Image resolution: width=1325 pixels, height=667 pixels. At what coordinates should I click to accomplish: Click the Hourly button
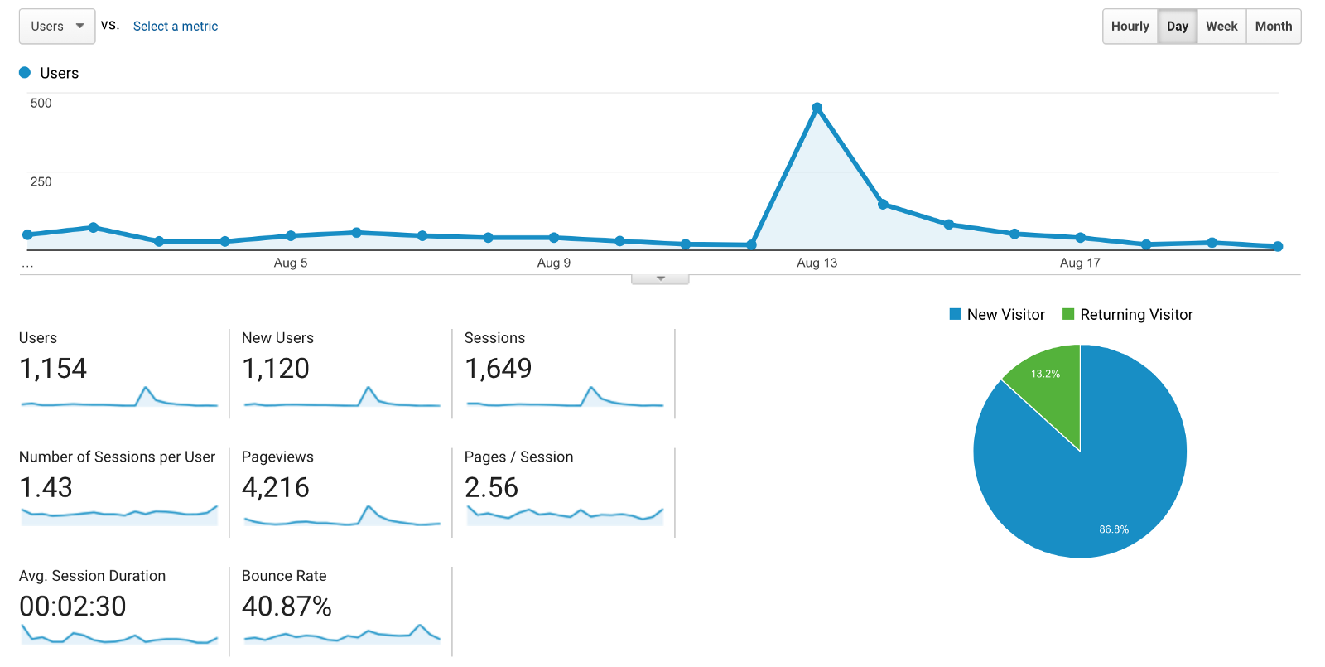point(1130,27)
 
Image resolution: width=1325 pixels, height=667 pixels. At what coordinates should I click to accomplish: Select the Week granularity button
point(1221,27)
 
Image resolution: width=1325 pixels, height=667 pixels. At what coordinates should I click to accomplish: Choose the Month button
point(1273,27)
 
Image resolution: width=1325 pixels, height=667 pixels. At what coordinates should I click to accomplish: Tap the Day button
point(1177,27)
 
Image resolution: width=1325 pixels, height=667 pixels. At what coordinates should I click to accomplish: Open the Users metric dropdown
point(57,27)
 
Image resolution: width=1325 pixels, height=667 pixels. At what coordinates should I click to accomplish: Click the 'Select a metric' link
point(176,27)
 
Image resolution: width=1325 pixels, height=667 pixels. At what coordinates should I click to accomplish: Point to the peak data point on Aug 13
point(817,108)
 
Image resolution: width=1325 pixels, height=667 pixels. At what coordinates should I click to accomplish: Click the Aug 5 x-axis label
point(291,263)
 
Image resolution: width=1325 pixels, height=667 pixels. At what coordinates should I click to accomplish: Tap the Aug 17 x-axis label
point(1080,263)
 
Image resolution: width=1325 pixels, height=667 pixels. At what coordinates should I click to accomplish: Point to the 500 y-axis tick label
point(41,104)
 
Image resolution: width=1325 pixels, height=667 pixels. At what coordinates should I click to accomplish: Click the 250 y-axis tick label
point(41,182)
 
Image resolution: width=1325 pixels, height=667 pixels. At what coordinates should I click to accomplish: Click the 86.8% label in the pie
point(1114,529)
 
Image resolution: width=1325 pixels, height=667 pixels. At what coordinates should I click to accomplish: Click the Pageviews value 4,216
point(276,487)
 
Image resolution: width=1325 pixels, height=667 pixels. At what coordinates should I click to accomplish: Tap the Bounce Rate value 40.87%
point(287,607)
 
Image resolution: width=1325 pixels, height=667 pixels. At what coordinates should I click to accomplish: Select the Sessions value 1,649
point(499,369)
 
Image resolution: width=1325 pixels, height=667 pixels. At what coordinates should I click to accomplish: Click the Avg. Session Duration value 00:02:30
point(73,607)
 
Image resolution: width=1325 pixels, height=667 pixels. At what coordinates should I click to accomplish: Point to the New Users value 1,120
point(276,369)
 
